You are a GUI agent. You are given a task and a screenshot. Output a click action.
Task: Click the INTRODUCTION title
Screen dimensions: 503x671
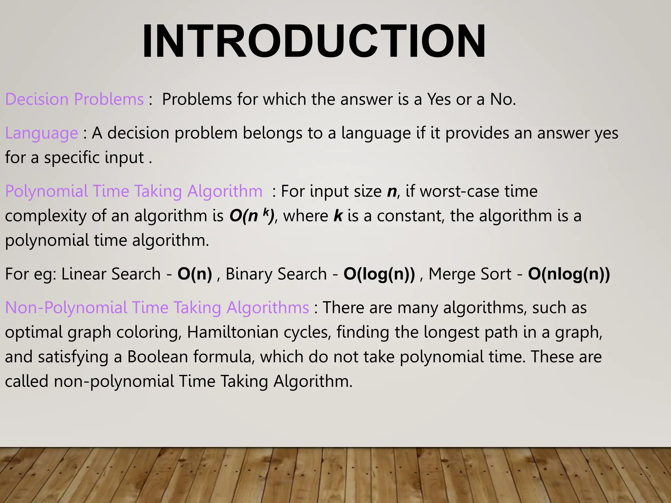314,41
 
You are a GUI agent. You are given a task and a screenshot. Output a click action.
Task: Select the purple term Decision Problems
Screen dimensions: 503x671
74,99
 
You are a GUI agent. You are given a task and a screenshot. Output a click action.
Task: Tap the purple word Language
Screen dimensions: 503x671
42,133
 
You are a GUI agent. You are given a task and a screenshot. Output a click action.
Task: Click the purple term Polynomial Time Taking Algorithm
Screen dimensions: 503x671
134,191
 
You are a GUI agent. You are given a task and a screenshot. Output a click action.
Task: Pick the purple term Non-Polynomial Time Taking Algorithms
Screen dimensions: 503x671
157,307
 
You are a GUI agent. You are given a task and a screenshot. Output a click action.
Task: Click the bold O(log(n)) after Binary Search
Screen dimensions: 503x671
379,274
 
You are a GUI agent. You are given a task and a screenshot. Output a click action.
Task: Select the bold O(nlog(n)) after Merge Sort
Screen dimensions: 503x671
569,274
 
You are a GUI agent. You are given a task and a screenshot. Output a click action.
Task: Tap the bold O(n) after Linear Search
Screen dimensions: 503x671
195,274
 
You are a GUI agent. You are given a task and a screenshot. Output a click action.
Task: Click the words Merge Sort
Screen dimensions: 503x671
470,274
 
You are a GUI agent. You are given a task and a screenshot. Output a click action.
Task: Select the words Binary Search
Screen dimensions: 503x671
276,274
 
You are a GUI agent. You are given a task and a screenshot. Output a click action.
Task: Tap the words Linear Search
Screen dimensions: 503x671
111,274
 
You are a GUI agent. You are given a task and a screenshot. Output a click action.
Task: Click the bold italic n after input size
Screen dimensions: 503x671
392,191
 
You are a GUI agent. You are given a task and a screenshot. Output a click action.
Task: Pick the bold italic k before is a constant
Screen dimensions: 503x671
338,216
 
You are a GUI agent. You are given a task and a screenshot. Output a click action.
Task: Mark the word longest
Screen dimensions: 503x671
451,332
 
